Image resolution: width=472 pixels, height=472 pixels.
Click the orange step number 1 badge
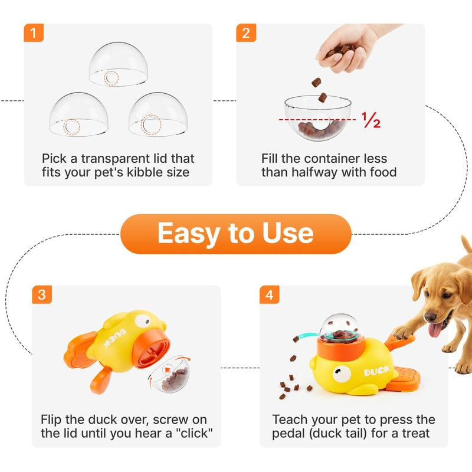click(34, 33)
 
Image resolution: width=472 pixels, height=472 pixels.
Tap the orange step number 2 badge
click(247, 33)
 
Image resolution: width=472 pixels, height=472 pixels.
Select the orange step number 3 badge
click(41, 294)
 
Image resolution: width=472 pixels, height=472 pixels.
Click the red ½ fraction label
click(371, 120)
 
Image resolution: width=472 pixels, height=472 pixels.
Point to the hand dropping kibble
click(348, 47)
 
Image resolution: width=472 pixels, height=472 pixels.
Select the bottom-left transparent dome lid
click(79, 115)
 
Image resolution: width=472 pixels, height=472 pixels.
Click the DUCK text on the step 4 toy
click(376, 372)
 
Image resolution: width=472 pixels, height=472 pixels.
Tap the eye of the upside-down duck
click(142, 322)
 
